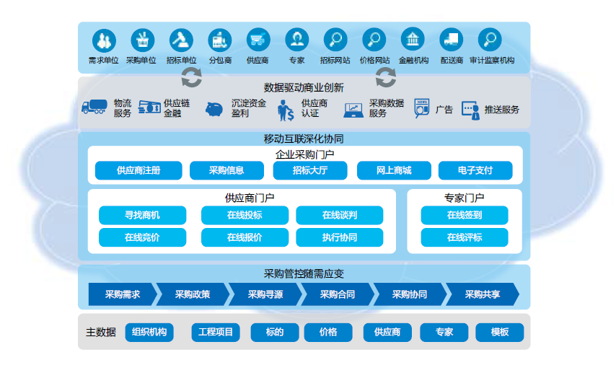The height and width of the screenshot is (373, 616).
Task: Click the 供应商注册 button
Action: click(138, 171)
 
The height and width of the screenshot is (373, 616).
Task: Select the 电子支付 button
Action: click(475, 171)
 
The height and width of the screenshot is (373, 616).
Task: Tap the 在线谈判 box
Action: click(339, 215)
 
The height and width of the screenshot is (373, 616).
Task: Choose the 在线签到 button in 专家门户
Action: click(465, 215)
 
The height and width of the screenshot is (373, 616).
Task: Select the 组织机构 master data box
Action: click(149, 332)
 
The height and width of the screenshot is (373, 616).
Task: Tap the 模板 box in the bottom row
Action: click(499, 332)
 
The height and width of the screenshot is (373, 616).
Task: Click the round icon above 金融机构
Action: click(413, 40)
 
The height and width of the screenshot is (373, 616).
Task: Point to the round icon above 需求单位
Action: click(103, 40)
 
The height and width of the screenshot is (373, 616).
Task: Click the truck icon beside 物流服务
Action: click(95, 107)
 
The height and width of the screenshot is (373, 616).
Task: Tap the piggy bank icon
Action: click(214, 109)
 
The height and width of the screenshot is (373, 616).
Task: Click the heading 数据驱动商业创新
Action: click(304, 87)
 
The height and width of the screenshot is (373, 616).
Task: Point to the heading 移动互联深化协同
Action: click(304, 139)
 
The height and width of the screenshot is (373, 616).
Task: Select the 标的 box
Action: click(274, 332)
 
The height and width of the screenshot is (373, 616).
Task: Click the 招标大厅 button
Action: click(309, 171)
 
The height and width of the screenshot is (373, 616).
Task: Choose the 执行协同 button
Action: click(339, 237)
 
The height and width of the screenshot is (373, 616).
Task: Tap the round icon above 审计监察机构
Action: click(490, 40)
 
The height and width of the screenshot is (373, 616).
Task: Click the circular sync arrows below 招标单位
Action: click(191, 76)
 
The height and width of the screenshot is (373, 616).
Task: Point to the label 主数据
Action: click(100, 333)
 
